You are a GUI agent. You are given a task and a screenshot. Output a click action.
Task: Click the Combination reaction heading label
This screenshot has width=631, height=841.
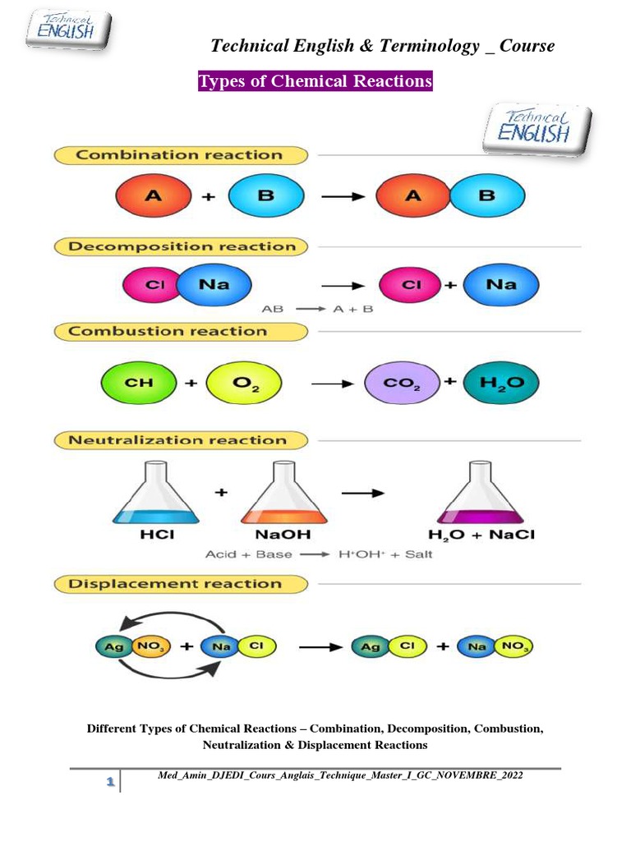pyautogui.click(x=179, y=154)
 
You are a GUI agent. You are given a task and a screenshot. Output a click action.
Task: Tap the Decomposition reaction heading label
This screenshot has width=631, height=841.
pyautogui.click(x=182, y=246)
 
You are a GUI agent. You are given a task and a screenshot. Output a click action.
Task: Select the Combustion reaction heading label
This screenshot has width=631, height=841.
pyautogui.click(x=168, y=332)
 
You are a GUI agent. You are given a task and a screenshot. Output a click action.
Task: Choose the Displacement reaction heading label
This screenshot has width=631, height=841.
pyautogui.click(x=174, y=584)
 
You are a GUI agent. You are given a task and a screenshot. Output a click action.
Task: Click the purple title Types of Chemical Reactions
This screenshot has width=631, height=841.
pyautogui.click(x=315, y=82)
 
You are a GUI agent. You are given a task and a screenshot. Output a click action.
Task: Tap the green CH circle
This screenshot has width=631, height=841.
pyautogui.click(x=138, y=383)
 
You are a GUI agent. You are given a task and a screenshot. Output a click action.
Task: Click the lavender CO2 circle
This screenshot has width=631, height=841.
pyautogui.click(x=402, y=383)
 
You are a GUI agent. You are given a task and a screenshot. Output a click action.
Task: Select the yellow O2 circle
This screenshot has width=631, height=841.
pyautogui.click(x=244, y=383)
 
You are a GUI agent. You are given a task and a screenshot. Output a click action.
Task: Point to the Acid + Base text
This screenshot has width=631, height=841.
pyautogui.click(x=248, y=554)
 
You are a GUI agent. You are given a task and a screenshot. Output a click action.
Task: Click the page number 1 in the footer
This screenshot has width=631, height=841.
pyautogui.click(x=108, y=784)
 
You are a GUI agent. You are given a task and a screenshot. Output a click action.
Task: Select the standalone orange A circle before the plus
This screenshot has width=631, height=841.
pyautogui.click(x=152, y=197)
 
